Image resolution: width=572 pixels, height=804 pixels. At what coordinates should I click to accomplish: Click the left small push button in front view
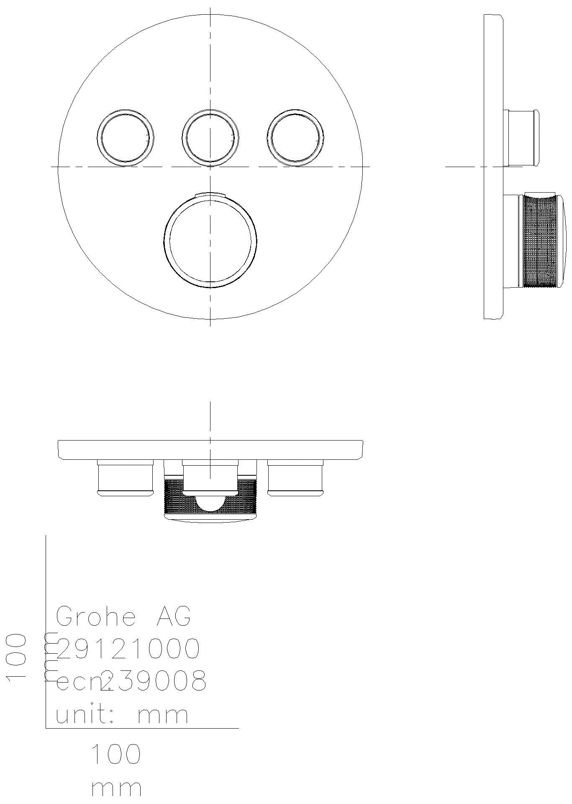125,138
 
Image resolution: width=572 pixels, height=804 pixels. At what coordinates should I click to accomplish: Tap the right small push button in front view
295,137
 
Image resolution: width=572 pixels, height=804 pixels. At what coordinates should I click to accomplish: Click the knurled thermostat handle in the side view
541,242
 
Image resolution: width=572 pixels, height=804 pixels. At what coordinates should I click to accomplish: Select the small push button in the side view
522,138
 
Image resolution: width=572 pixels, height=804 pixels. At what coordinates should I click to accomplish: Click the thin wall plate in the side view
493,167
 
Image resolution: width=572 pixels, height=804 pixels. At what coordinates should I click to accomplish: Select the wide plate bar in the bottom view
210,450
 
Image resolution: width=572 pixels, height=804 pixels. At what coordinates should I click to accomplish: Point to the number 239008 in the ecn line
154,681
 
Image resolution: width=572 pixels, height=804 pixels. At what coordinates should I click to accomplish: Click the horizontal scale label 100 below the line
116,755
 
